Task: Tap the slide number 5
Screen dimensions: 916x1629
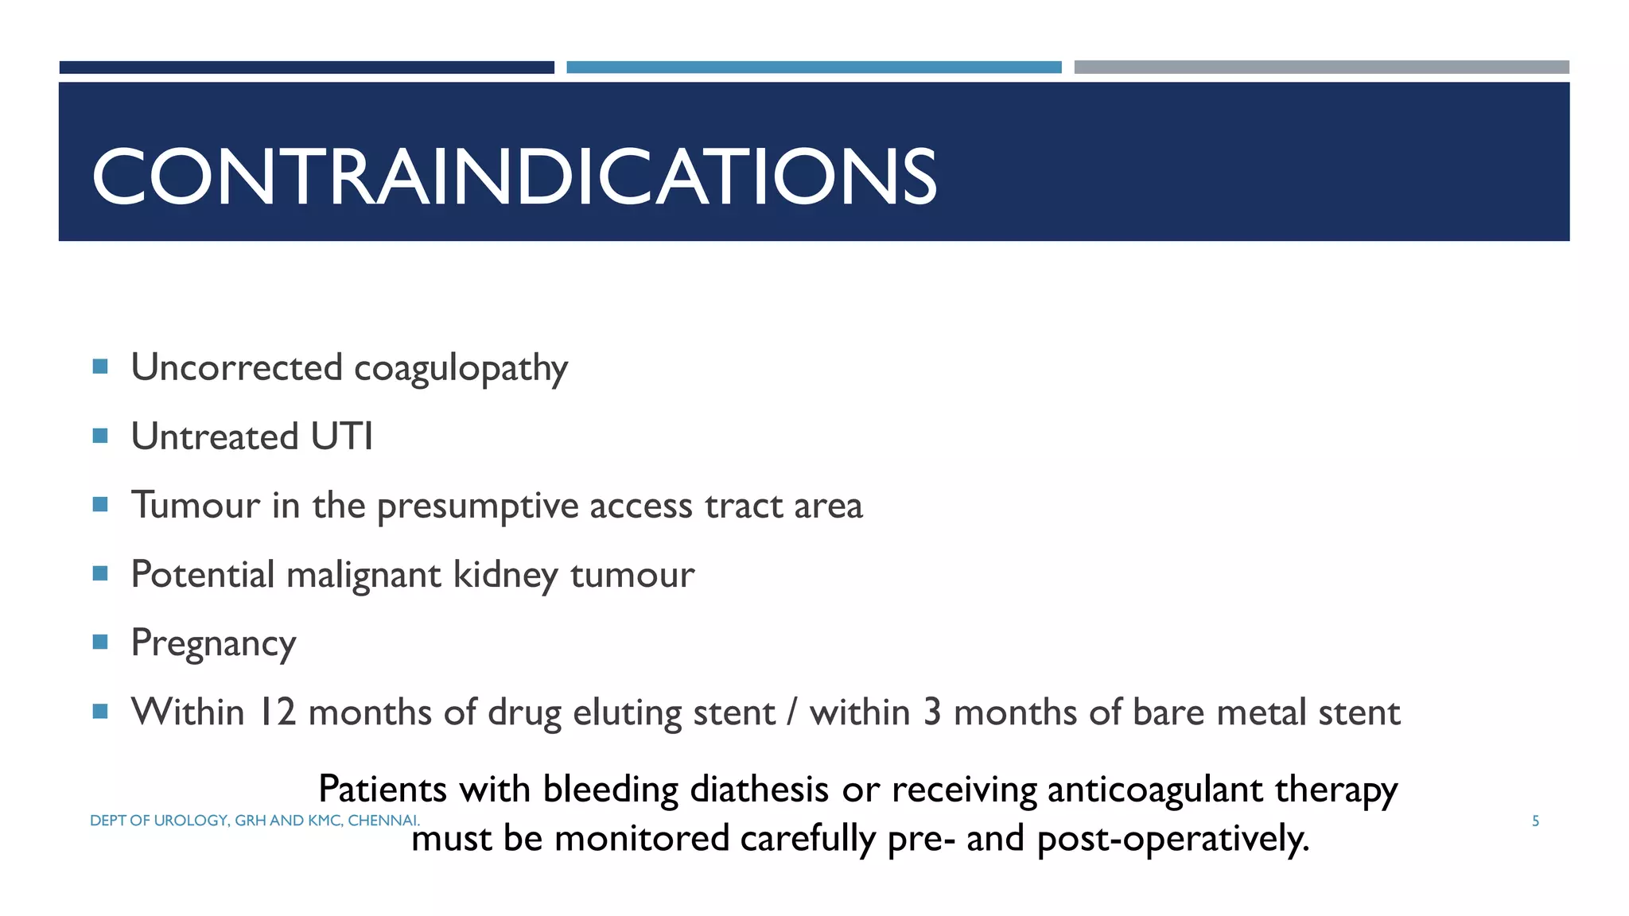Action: pos(1535,821)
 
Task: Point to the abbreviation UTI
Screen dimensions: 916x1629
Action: pos(341,437)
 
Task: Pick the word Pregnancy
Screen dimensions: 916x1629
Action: pos(213,643)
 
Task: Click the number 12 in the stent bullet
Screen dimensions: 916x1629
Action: pos(278,712)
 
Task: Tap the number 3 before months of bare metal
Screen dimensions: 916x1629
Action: pos(931,712)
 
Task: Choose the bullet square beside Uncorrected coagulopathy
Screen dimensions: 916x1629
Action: pos(100,367)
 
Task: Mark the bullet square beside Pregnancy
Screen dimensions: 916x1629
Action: pos(100,642)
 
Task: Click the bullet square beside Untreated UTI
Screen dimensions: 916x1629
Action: pos(100,436)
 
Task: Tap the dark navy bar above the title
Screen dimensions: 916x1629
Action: pos(306,68)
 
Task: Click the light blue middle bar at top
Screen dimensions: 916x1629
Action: pos(814,68)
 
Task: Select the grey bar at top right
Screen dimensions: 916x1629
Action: pos(1321,68)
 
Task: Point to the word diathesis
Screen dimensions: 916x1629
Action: pos(759,790)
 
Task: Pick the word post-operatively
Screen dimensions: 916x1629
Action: pos(1173,839)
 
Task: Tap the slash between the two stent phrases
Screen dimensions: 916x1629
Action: pos(791,712)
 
